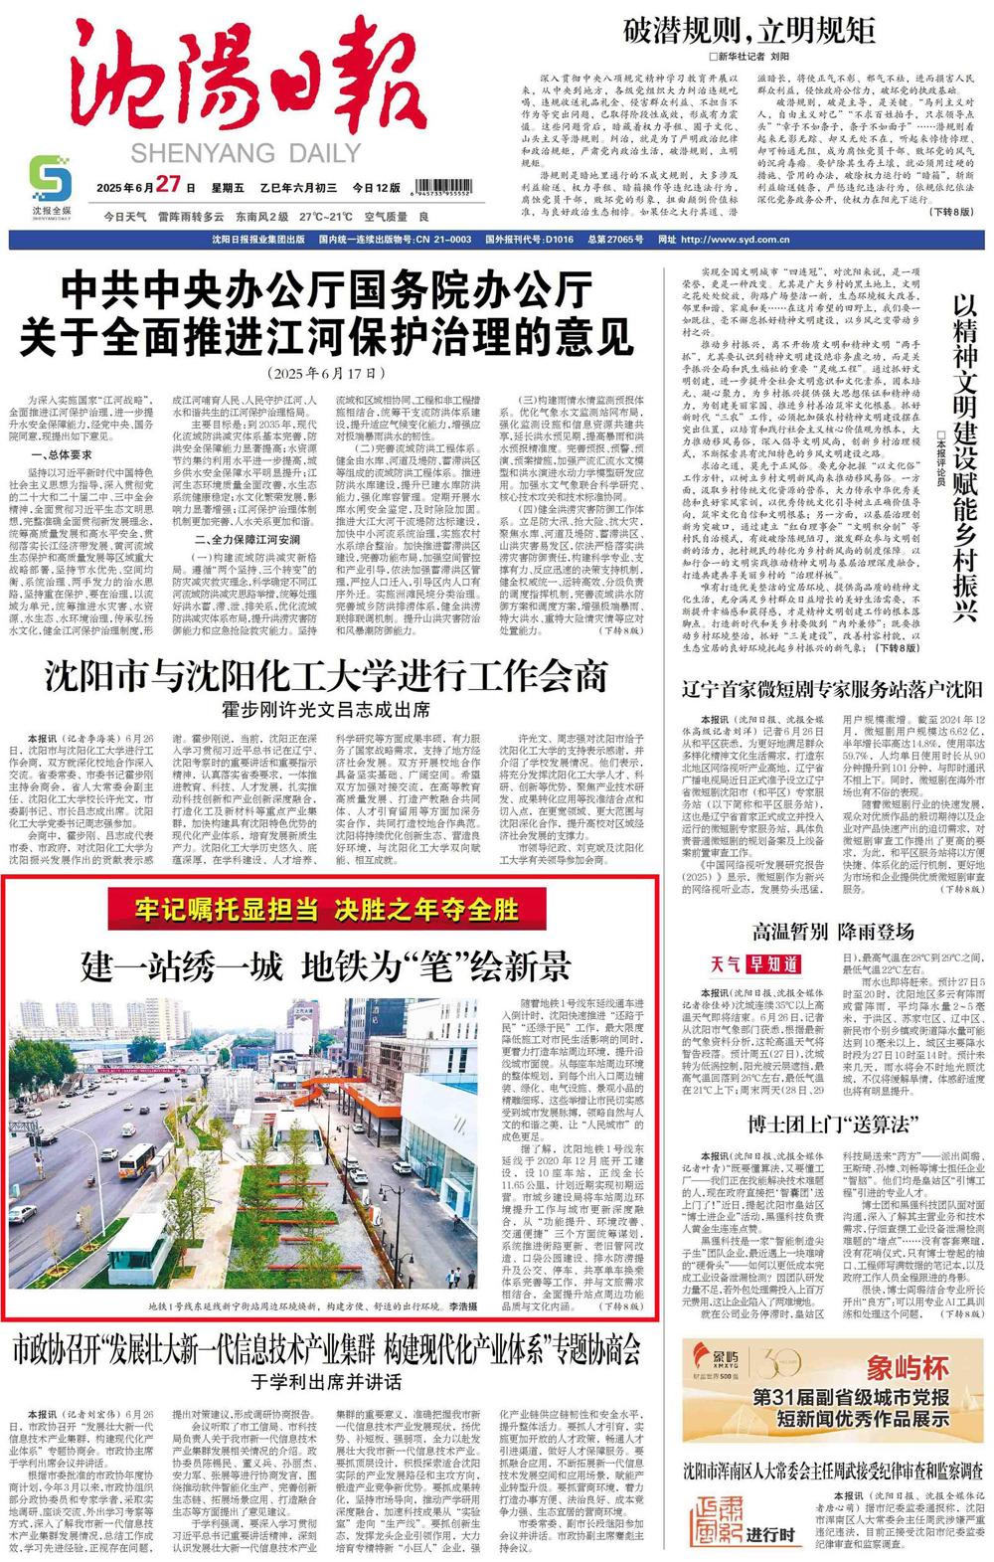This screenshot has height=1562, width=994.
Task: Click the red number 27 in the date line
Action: click(168, 185)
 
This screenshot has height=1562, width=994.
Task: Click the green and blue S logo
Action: click(51, 178)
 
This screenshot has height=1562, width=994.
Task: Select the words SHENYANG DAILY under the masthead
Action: click(247, 153)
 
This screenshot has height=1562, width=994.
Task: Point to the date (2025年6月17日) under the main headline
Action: click(329, 373)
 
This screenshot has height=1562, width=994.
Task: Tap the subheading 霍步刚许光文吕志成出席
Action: click(327, 710)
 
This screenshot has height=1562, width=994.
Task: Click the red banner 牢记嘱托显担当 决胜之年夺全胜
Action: click(327, 908)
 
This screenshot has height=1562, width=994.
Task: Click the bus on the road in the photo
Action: click(135, 1161)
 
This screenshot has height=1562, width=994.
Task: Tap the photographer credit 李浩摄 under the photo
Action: click(463, 1306)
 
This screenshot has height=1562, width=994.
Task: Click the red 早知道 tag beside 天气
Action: click(774, 963)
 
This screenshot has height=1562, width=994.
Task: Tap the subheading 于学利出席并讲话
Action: click(327, 1381)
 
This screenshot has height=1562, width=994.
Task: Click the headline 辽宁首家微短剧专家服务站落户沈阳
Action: click(832, 689)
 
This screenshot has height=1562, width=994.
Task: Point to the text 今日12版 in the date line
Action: click(377, 188)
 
